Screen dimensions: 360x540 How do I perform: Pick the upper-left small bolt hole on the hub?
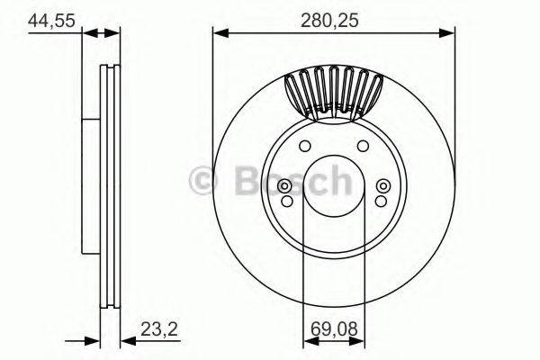[x=304, y=147]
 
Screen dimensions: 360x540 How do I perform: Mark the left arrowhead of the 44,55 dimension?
[x=88, y=33]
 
